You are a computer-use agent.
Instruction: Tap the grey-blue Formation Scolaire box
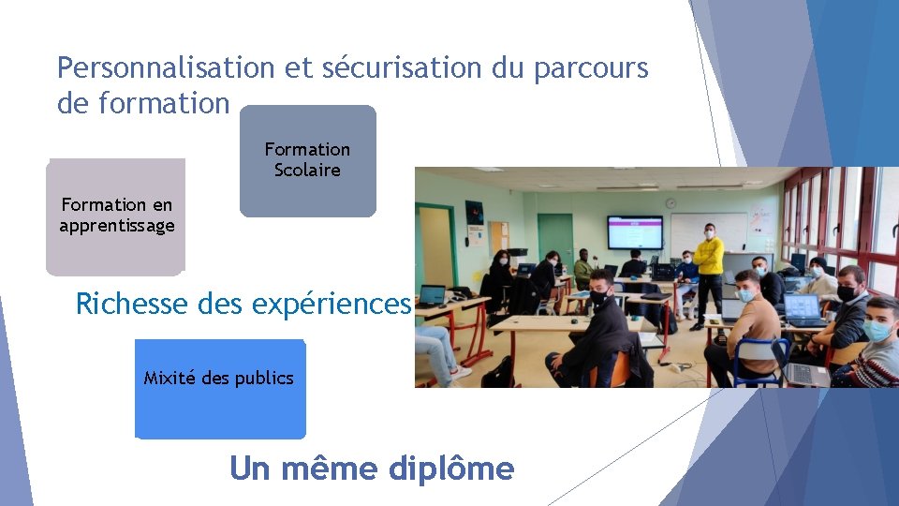pos(307,160)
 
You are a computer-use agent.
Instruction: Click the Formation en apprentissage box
pos(116,216)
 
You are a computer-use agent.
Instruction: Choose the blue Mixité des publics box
pos(219,388)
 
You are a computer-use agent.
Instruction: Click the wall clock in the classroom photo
pos(671,202)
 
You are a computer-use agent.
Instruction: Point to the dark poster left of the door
pos(475,212)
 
